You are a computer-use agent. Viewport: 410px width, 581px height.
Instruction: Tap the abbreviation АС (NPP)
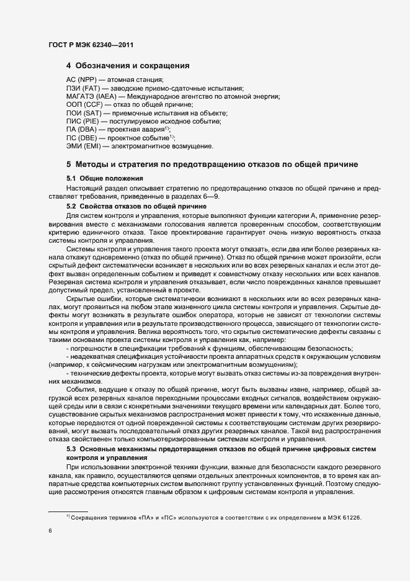(81, 80)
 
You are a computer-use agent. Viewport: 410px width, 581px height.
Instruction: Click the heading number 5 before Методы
(69, 164)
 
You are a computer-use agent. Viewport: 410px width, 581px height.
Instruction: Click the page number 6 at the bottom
(50, 531)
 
